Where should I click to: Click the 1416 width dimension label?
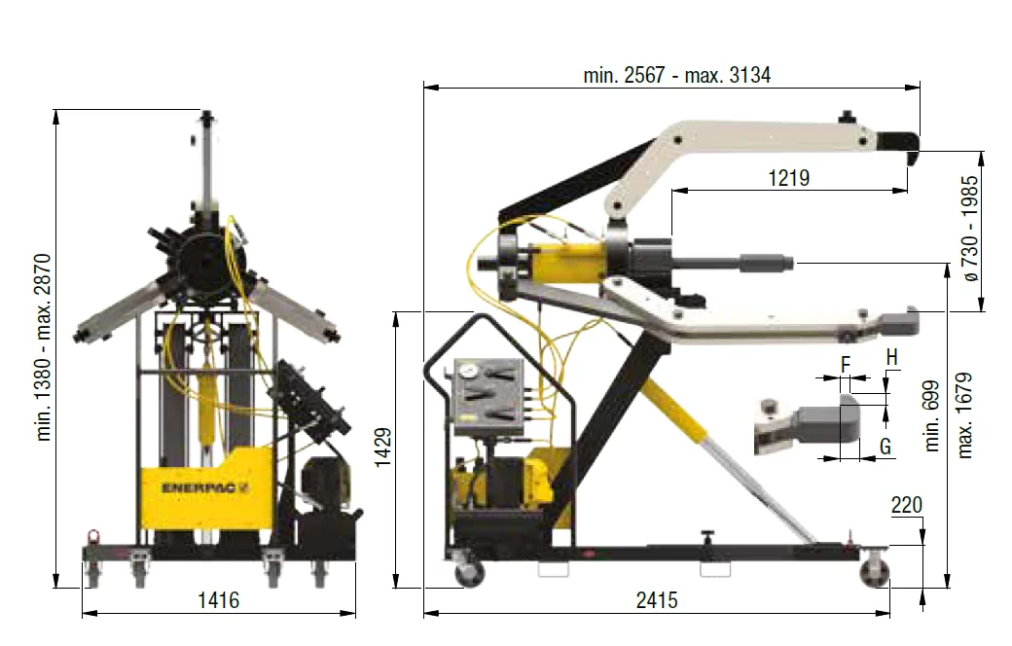(218, 600)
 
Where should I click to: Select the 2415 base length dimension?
(657, 600)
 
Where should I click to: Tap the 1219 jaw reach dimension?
(789, 177)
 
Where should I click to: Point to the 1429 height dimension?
(382, 447)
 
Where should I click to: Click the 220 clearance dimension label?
(906, 505)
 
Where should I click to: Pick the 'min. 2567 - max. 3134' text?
(677, 76)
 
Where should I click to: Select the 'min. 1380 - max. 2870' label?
(43, 347)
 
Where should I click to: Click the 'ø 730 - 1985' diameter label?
(970, 229)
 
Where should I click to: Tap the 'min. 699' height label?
(931, 416)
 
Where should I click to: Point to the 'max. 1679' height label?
(964, 416)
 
